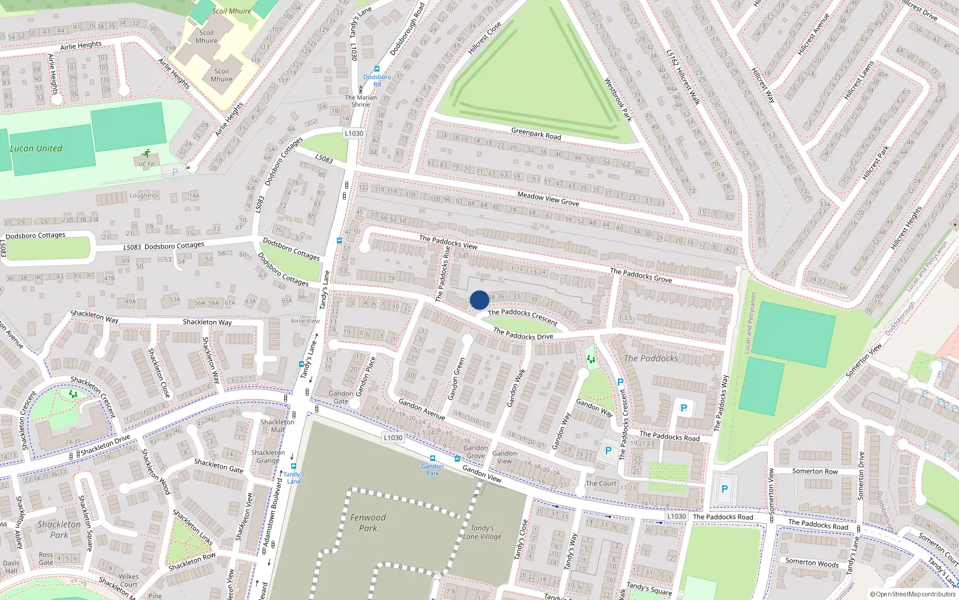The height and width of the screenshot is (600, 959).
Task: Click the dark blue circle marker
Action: pyautogui.click(x=479, y=300)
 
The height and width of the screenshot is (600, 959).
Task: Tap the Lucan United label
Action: pyautogui.click(x=36, y=149)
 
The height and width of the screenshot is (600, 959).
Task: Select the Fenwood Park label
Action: pyautogui.click(x=368, y=523)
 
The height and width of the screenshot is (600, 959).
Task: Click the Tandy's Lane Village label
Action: pyautogui.click(x=482, y=532)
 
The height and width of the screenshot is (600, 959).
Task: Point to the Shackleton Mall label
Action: pyautogui.click(x=278, y=425)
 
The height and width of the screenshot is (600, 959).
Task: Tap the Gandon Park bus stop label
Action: pyautogui.click(x=432, y=470)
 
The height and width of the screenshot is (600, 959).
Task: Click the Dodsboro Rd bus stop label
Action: pyautogui.click(x=377, y=80)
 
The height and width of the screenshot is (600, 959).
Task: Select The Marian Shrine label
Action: pyautogui.click(x=361, y=101)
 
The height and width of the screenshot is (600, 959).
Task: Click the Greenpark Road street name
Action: pyautogui.click(x=536, y=134)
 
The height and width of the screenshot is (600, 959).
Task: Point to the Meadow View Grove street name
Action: pyautogui.click(x=548, y=199)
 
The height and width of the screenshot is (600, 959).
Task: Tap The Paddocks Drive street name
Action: pyautogui.click(x=523, y=334)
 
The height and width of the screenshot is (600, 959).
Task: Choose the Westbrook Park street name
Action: pyautogui.click(x=618, y=99)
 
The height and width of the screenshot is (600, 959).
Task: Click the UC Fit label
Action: pyautogui.click(x=146, y=164)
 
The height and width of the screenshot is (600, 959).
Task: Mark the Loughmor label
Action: pyautogui.click(x=144, y=196)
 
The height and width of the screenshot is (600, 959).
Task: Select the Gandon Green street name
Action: pyautogui.click(x=457, y=379)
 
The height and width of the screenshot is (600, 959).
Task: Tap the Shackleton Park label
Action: pyautogui.click(x=59, y=529)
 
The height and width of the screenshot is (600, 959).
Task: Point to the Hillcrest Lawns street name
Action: pyautogui.click(x=859, y=80)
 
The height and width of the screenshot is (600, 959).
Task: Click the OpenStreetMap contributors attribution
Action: pyautogui.click(x=912, y=595)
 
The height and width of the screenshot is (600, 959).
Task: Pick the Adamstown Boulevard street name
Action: pyautogui.click(x=273, y=512)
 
